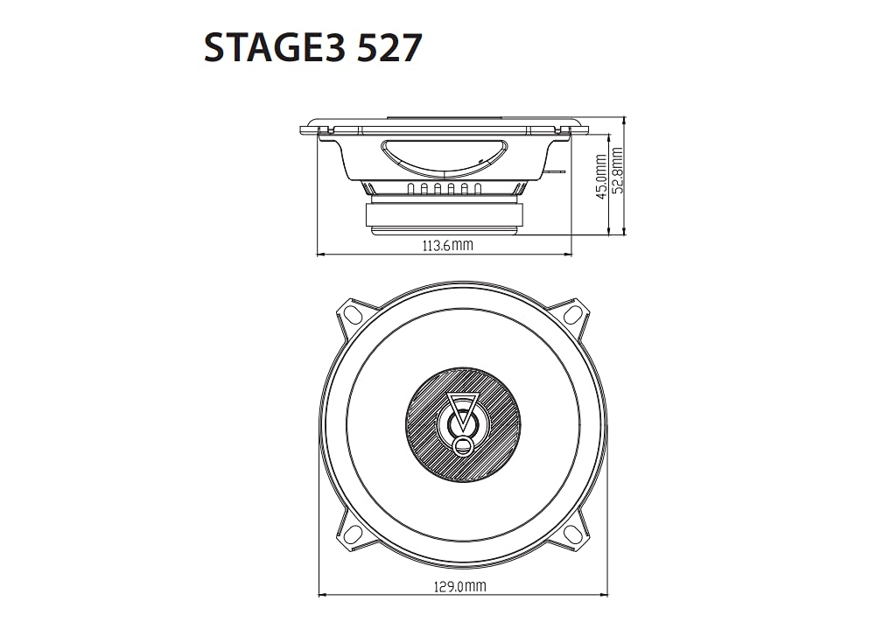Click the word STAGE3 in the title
[x=274, y=47]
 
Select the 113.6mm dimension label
[x=447, y=245]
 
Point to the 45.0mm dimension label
[x=601, y=177]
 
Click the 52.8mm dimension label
[x=617, y=170]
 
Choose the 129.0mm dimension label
[x=460, y=586]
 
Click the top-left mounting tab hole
[x=353, y=313]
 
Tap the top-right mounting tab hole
[x=572, y=314]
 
